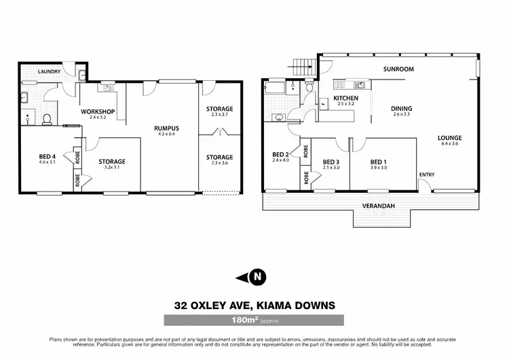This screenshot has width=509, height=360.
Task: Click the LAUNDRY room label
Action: pos(50,71)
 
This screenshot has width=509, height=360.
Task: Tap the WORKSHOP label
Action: pos(97,111)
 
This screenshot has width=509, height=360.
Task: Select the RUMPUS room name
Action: pos(166,127)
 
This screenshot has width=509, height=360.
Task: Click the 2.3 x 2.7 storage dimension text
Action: pos(220,115)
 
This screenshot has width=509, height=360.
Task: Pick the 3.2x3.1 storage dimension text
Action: pos(111,167)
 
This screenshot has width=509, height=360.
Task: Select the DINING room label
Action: pos(402,109)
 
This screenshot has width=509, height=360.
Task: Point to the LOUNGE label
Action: pos(450,138)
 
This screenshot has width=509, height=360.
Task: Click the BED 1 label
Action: pos(378,162)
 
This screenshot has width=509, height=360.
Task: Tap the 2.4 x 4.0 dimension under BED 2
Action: pos(280,161)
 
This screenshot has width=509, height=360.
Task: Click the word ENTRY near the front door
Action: pos(426,175)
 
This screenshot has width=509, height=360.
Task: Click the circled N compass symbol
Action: pos(256,276)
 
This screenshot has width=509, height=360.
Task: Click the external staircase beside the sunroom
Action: pos(303,67)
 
